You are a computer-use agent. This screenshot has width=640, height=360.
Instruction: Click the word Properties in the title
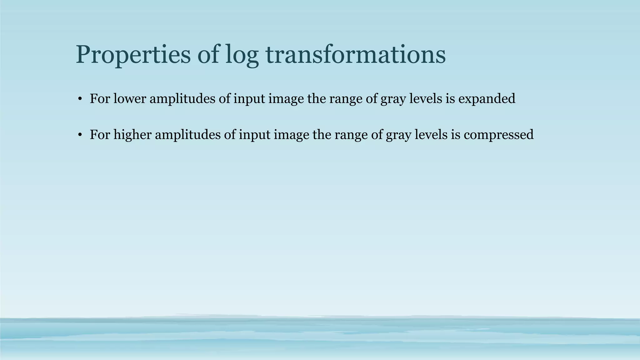pyautogui.click(x=133, y=55)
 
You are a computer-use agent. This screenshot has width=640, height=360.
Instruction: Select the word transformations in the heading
pyautogui.click(x=356, y=55)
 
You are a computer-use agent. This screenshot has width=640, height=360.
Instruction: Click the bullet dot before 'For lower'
pyautogui.click(x=80, y=99)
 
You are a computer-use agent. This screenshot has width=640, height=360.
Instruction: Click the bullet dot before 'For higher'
pyautogui.click(x=80, y=135)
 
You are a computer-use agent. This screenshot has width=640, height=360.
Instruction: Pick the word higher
pyautogui.click(x=132, y=135)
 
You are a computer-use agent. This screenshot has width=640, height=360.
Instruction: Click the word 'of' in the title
pyautogui.click(x=208, y=55)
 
